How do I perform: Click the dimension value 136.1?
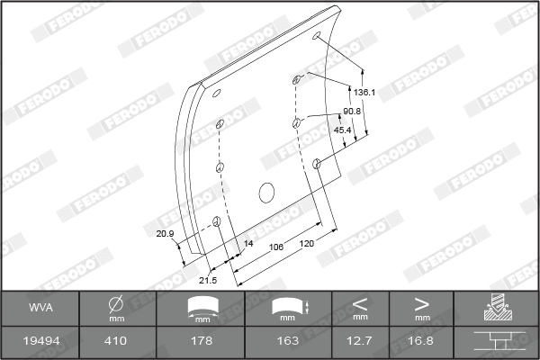tap(364, 93)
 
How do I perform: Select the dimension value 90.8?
tap(352, 111)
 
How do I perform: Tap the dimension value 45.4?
tap(343, 130)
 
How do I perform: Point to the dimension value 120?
tap(307, 244)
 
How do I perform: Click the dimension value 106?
tap(277, 246)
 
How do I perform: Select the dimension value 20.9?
tap(164, 234)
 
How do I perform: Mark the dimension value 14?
tap(249, 244)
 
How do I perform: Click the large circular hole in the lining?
tap(266, 192)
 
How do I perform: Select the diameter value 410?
tap(116, 342)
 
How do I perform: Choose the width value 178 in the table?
tap(201, 342)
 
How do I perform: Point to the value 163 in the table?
tap(287, 342)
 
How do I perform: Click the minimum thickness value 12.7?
tap(361, 342)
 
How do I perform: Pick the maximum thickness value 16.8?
tap(422, 342)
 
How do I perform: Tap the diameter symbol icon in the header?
tap(116, 304)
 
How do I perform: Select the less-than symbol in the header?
tap(361, 302)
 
